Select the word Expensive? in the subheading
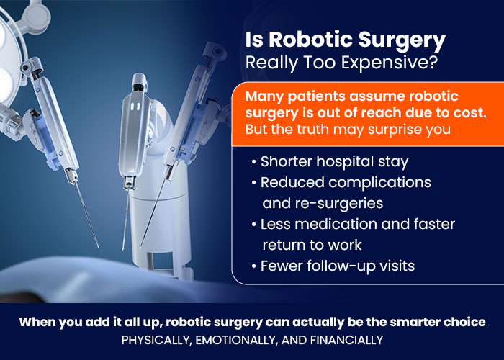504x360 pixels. [x=390, y=63]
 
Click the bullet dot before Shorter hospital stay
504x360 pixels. [x=254, y=162]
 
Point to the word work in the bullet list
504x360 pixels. [x=345, y=245]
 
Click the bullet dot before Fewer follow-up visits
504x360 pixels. [x=254, y=266]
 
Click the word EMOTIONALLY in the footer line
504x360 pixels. [x=237, y=340]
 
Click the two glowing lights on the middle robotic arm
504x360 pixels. [x=136, y=107]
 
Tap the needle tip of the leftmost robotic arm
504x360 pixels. [x=98, y=247]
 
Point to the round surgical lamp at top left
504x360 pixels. [x=9, y=58]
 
